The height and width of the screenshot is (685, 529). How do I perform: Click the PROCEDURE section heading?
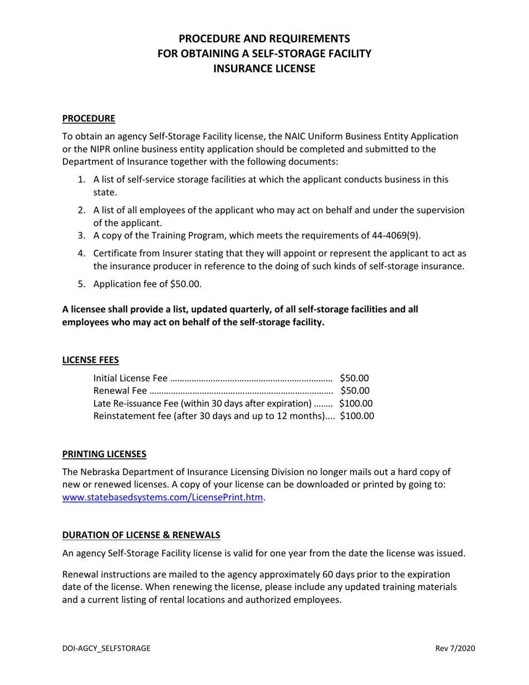click(89, 118)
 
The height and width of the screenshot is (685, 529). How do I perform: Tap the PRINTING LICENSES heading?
click(104, 454)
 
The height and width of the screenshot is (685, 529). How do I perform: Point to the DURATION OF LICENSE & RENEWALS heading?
click(141, 535)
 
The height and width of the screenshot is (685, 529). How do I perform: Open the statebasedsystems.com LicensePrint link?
click(162, 497)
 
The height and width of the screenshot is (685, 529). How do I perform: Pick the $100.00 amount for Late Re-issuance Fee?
click(356, 403)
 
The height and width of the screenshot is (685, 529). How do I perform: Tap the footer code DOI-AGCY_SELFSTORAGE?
click(106, 648)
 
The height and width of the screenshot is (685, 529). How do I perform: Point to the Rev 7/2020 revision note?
click(455, 648)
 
